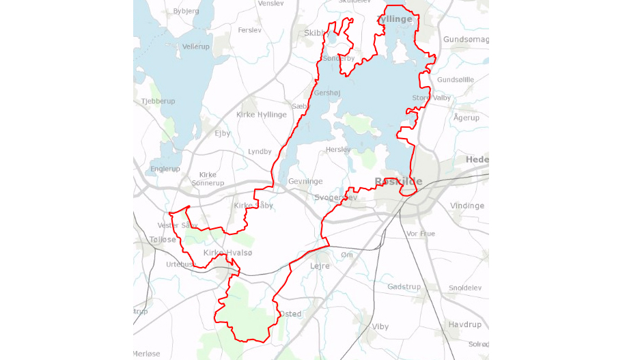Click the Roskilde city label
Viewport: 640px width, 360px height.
pyautogui.click(x=398, y=182)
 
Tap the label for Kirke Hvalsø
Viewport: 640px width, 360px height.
pyautogui.click(x=227, y=253)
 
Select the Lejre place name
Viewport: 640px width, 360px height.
pyautogui.click(x=320, y=266)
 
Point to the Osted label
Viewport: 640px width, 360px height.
pyautogui.click(x=290, y=314)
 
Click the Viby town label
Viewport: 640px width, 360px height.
pyautogui.click(x=380, y=327)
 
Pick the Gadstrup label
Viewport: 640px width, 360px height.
pyautogui.click(x=404, y=287)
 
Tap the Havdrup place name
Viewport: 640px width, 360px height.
pyautogui.click(x=465, y=324)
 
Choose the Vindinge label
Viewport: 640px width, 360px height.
pyautogui.click(x=467, y=206)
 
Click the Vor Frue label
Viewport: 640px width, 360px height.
pyautogui.click(x=420, y=234)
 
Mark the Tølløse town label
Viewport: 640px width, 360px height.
pyautogui.click(x=163, y=240)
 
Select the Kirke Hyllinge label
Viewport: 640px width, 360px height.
pyautogui.click(x=262, y=115)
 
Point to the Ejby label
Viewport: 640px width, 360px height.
pyautogui.click(x=223, y=133)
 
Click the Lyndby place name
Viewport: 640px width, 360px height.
pyautogui.click(x=260, y=152)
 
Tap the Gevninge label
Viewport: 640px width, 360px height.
pyautogui.click(x=305, y=182)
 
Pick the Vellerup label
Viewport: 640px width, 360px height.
pyautogui.click(x=196, y=46)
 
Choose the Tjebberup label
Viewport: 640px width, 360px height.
pyautogui.click(x=158, y=101)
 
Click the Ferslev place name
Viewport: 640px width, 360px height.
pyautogui.click(x=250, y=30)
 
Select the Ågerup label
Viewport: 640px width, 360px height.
pyautogui.click(x=467, y=117)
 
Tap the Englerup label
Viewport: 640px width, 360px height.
pyautogui.click(x=165, y=169)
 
